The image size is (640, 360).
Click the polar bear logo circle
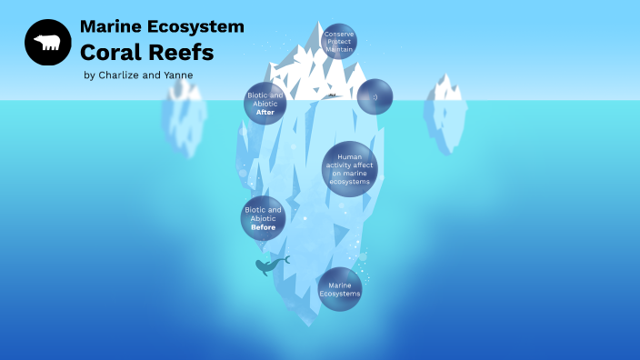point(48,43)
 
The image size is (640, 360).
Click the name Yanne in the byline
point(178,75)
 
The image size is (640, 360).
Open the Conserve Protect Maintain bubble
point(339,41)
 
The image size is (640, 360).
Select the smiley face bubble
point(375,96)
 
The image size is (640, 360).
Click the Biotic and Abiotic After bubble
point(265,104)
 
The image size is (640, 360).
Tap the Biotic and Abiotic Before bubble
point(263,218)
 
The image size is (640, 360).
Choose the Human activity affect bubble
point(349,169)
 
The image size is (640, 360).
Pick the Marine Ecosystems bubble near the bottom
point(339,289)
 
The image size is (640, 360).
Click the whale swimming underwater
point(267,265)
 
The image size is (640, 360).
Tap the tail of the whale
point(285,260)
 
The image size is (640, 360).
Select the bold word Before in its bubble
point(263,227)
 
